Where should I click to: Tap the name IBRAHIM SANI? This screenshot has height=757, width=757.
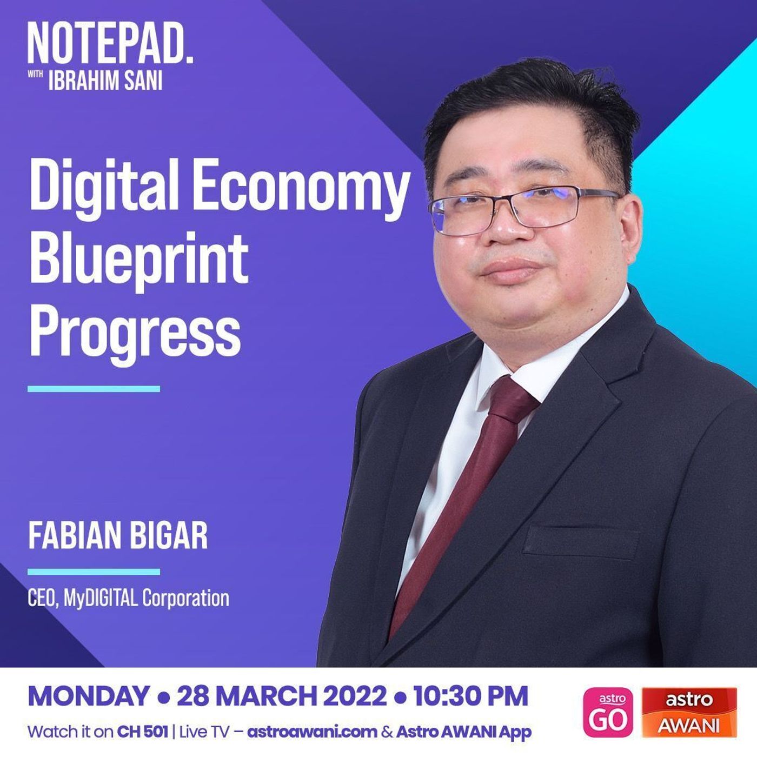click(105, 81)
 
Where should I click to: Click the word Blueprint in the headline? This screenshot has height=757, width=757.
click(139, 260)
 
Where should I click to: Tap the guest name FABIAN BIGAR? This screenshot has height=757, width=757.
click(118, 536)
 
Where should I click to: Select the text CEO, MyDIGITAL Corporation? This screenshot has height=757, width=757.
click(129, 598)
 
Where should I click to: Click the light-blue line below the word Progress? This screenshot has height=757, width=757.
click(94, 389)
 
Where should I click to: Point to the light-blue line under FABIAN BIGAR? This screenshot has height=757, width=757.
click(94, 572)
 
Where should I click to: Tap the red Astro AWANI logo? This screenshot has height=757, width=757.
click(689, 712)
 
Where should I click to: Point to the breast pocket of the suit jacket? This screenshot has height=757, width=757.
click(581, 542)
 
